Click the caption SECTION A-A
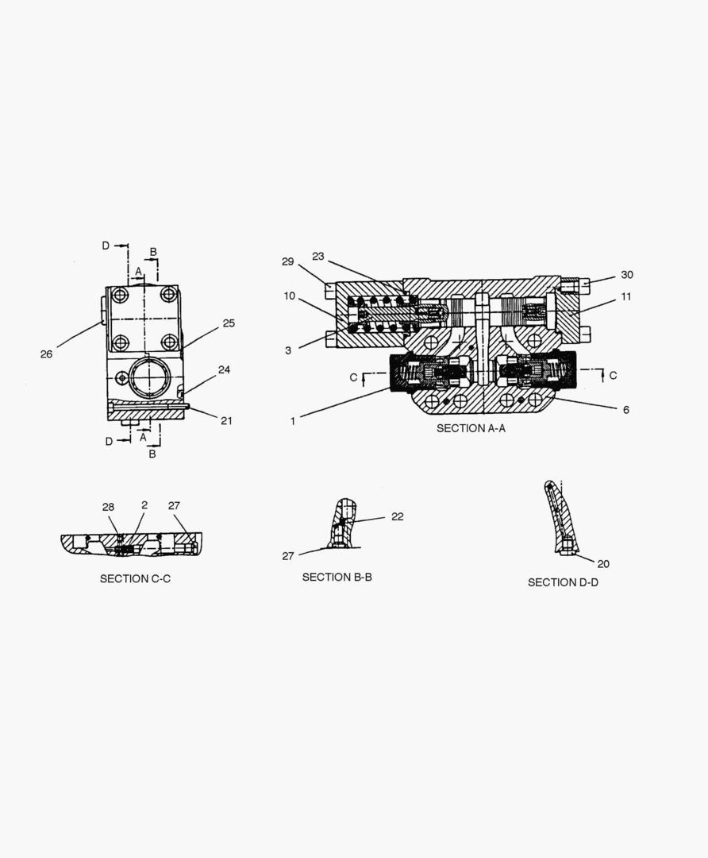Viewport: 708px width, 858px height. (x=471, y=428)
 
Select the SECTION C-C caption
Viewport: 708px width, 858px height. (x=135, y=579)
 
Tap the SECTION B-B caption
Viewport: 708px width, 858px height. (x=337, y=578)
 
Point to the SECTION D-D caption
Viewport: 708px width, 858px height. (x=563, y=583)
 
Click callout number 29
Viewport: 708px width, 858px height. (x=287, y=261)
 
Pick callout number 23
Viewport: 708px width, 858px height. (x=318, y=256)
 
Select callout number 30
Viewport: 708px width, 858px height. (x=626, y=275)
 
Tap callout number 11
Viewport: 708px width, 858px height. (x=626, y=296)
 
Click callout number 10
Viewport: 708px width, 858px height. (x=289, y=296)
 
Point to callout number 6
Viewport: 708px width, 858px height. (x=626, y=410)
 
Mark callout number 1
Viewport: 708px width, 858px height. (x=293, y=421)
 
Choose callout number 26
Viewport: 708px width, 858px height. (x=47, y=354)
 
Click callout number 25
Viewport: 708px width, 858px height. (x=229, y=323)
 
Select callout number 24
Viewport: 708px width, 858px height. (x=224, y=370)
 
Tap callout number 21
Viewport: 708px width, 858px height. (x=226, y=421)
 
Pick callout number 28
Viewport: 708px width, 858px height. (x=108, y=507)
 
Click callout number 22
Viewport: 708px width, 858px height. (x=398, y=516)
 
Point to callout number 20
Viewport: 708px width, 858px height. (x=603, y=564)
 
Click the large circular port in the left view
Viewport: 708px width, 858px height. (x=150, y=377)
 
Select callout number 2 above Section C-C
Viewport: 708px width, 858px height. (x=144, y=505)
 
